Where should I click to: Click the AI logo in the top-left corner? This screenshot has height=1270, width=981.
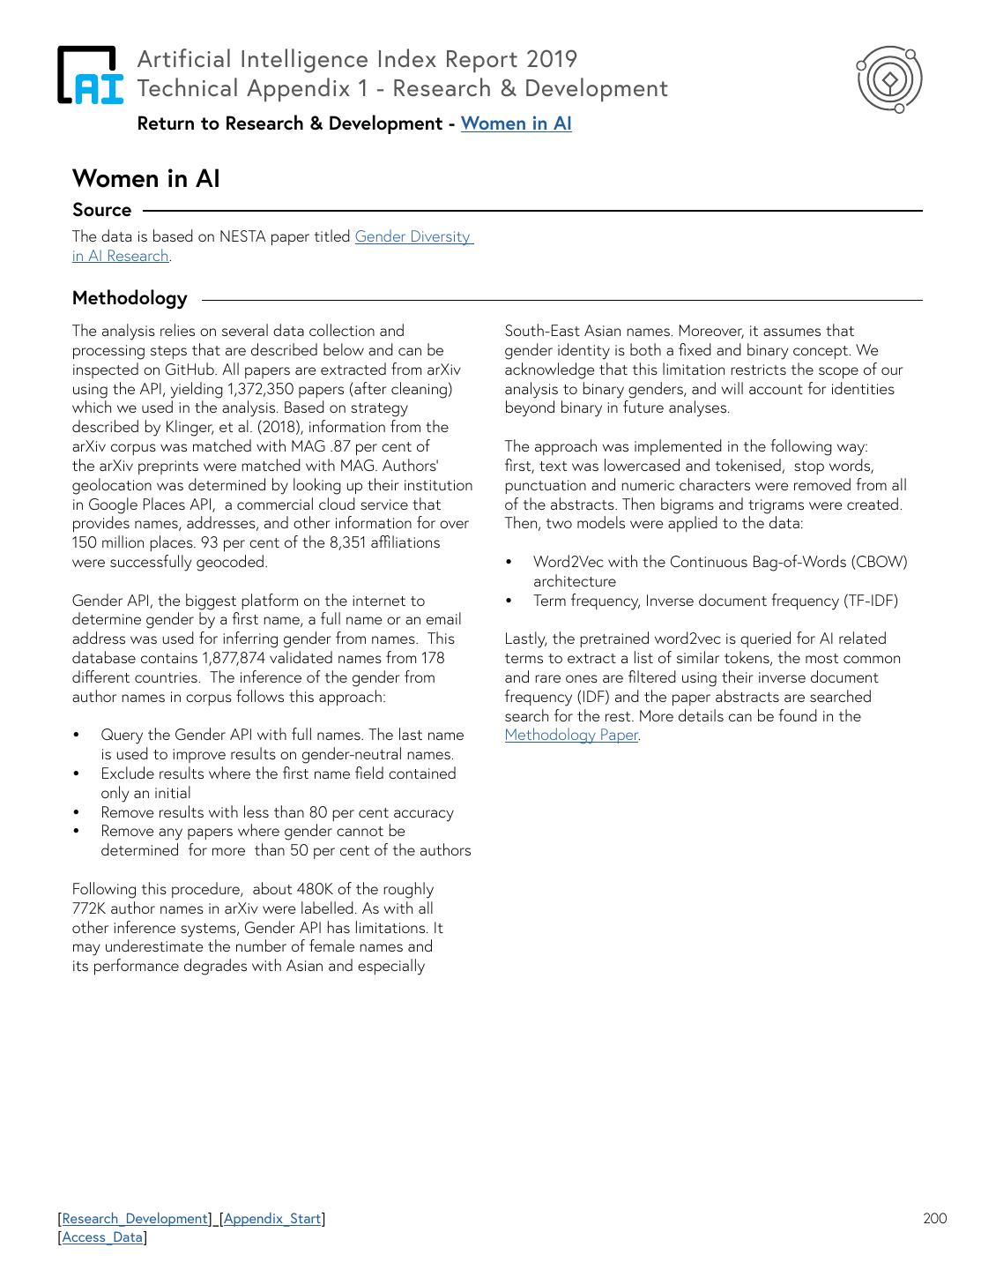tap(91, 75)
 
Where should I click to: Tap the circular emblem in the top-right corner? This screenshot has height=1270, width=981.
tap(889, 79)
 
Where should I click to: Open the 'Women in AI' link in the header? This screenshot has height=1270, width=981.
tap(516, 123)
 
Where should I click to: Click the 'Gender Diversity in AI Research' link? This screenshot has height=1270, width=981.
tap(412, 236)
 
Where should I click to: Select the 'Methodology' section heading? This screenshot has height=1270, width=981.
tap(130, 298)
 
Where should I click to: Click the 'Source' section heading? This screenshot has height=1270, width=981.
tap(101, 210)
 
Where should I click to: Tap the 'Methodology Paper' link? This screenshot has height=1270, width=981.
tap(571, 735)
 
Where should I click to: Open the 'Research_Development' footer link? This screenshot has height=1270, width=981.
tap(135, 1218)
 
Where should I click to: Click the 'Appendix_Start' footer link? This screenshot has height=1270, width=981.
tap(272, 1218)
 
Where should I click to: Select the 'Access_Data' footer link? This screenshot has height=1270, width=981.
tap(102, 1236)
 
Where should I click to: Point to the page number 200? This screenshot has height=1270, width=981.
tap(934, 1218)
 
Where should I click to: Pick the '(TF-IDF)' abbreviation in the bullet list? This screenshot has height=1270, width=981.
tap(871, 601)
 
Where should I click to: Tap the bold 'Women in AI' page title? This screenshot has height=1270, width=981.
tap(145, 178)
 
